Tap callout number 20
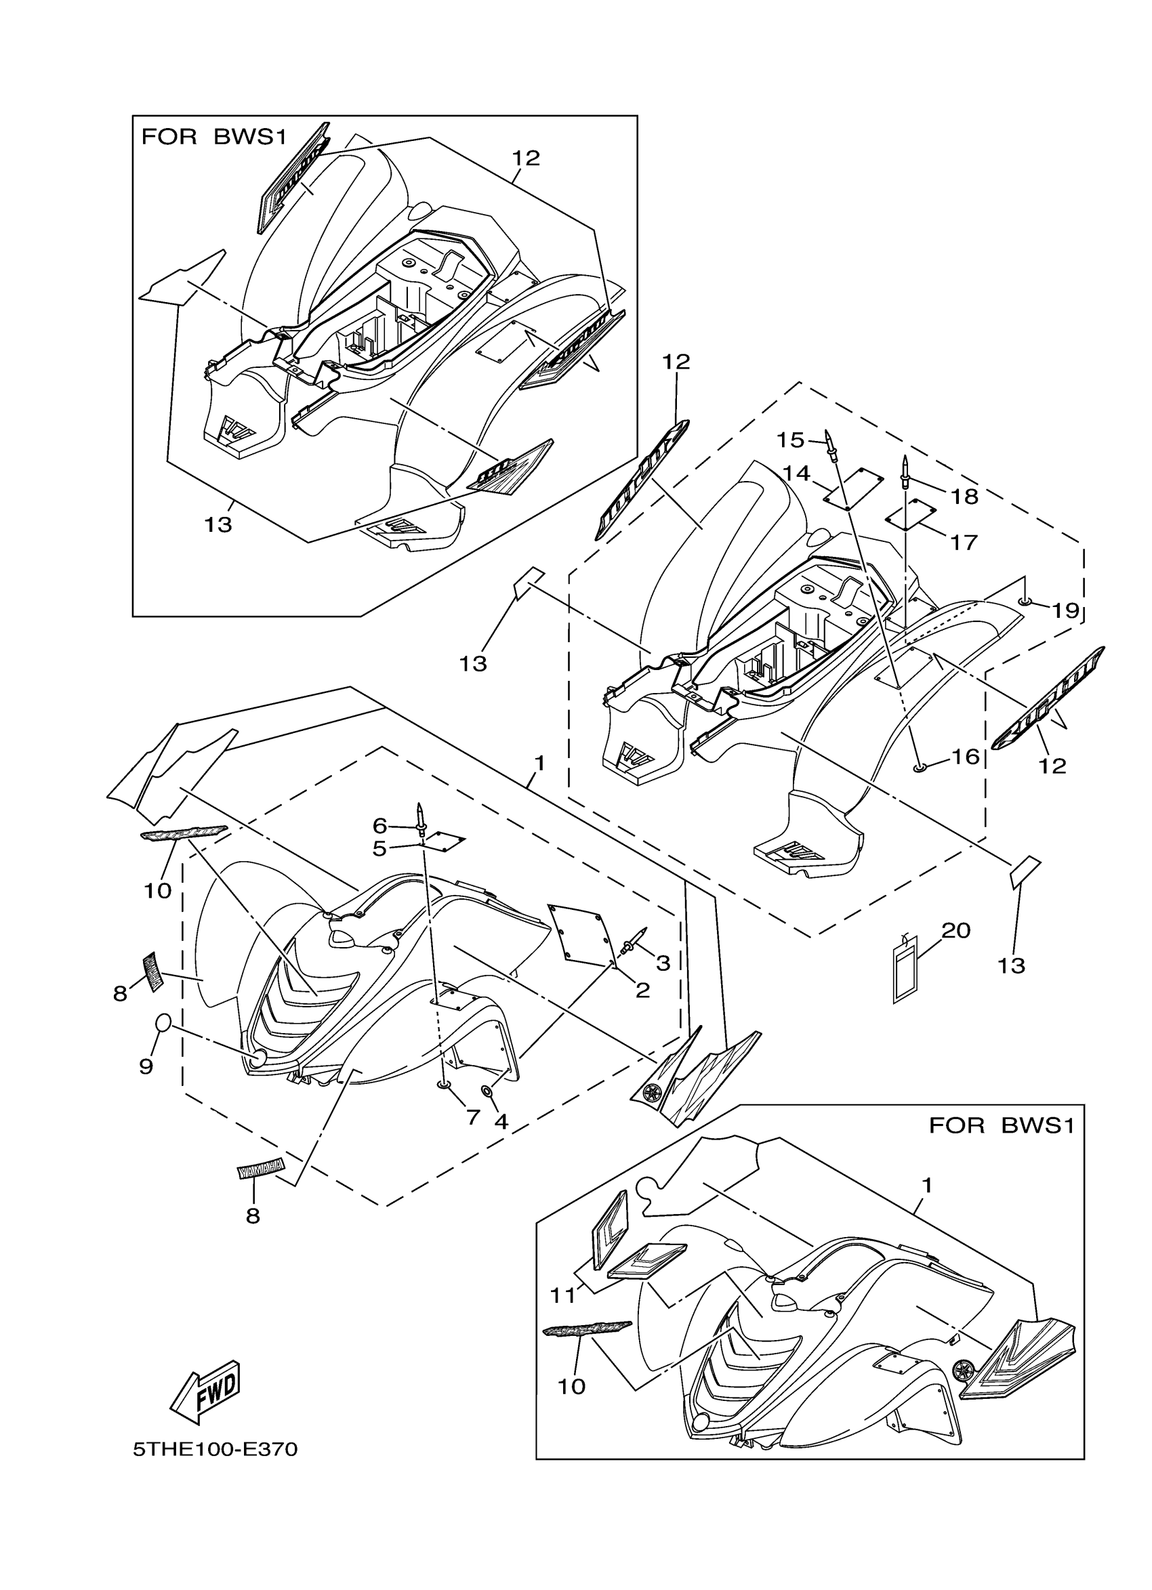click(955, 930)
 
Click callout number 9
click(146, 1066)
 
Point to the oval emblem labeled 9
click(161, 1023)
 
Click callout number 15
click(790, 440)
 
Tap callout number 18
click(965, 497)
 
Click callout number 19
click(1065, 610)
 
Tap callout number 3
click(663, 963)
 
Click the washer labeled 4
click(485, 1091)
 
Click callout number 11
click(562, 1296)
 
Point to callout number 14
click(796, 474)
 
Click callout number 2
click(642, 990)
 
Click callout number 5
click(379, 849)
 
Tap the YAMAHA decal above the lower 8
click(260, 1169)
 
